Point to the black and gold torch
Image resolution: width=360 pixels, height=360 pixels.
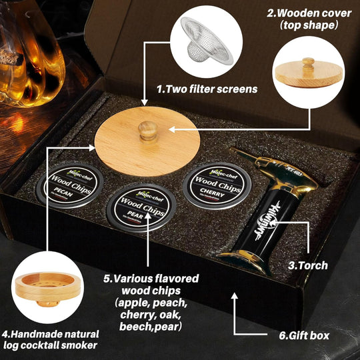273,207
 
